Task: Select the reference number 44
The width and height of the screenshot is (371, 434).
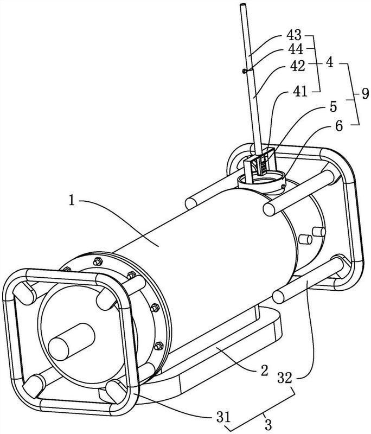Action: (296, 50)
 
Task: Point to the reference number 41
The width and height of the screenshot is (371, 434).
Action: (300, 91)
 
